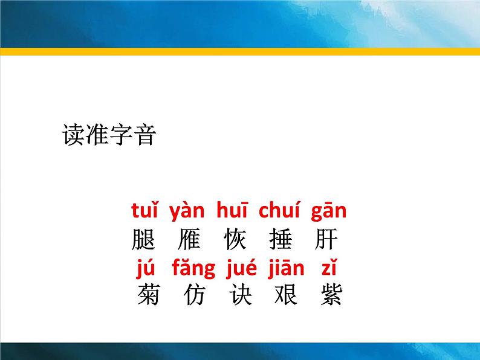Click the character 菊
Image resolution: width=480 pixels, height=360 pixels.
tap(149, 295)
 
